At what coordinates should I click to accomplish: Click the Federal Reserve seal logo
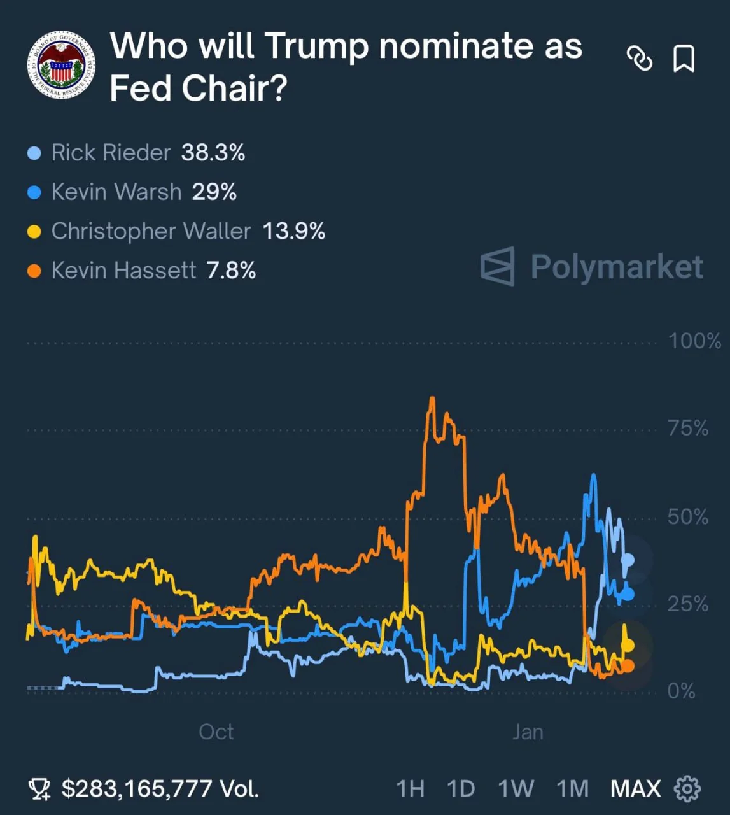point(62,65)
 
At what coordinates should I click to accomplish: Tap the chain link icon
point(640,59)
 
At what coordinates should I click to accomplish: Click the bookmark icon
point(684,59)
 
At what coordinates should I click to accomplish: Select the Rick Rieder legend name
point(111,153)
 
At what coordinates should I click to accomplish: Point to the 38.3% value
point(213,153)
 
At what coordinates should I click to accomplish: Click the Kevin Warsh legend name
point(116,192)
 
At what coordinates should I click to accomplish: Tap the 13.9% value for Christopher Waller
point(293,231)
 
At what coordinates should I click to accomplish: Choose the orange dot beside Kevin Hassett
point(34,271)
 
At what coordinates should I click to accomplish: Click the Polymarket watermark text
point(616,266)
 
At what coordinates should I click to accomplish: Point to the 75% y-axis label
point(688,428)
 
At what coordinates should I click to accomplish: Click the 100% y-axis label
point(694,341)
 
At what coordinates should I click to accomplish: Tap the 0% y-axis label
point(681,691)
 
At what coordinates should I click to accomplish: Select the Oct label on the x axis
point(216,732)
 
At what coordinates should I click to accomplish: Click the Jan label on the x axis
point(528,732)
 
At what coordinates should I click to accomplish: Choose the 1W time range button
point(516,789)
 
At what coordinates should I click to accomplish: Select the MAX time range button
point(635,789)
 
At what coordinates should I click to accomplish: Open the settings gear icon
point(687,789)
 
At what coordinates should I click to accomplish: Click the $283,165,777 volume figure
point(136,789)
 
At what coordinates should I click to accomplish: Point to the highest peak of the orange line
point(432,399)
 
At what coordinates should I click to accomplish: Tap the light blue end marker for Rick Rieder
point(628,560)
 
